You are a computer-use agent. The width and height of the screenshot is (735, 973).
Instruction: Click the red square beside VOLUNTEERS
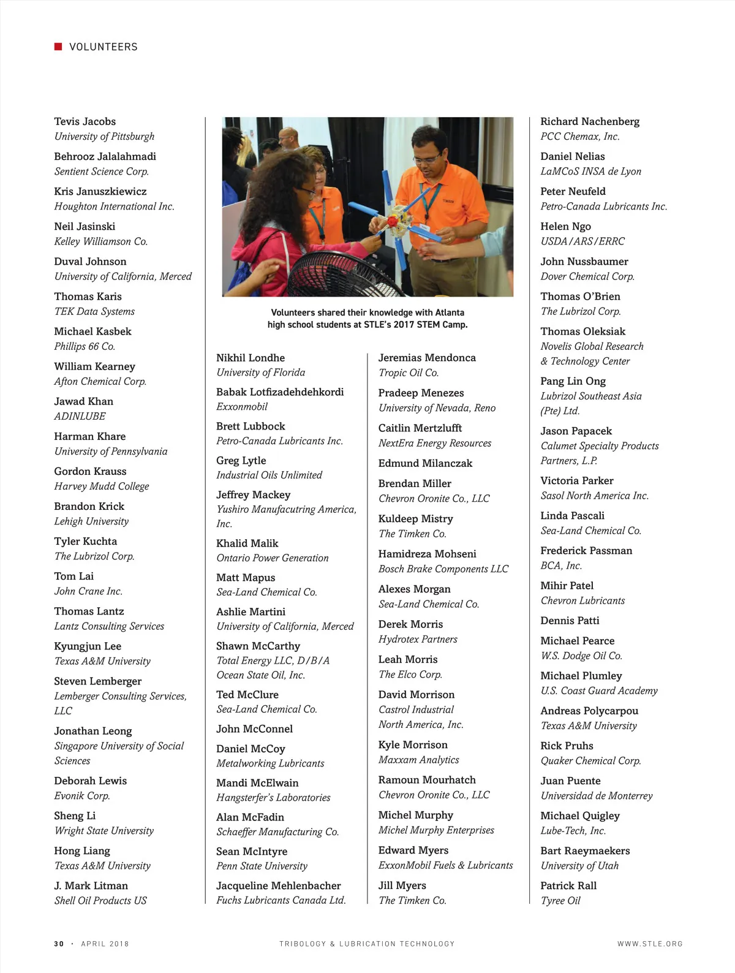[x=58, y=47]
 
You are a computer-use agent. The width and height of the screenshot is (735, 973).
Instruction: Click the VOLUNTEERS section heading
[x=104, y=47]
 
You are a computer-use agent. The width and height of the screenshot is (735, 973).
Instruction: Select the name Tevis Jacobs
[x=85, y=121]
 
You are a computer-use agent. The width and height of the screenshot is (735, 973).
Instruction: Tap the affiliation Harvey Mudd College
[x=102, y=486]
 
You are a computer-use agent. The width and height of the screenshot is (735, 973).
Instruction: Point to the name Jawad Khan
[x=83, y=401]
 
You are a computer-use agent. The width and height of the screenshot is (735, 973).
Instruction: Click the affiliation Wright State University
[x=104, y=831]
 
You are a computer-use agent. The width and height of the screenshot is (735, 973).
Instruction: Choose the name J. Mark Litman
[x=91, y=885]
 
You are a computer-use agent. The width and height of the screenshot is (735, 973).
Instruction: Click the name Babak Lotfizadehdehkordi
[x=280, y=392]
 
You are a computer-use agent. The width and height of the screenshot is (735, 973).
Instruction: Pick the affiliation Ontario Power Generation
[x=273, y=558]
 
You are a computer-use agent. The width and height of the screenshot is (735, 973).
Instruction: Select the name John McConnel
[x=254, y=729]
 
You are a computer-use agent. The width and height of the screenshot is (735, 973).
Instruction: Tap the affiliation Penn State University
[x=262, y=866]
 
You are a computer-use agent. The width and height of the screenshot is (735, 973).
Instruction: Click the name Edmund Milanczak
[x=425, y=464]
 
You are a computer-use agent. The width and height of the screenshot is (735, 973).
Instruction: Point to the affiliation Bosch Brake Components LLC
[x=443, y=569]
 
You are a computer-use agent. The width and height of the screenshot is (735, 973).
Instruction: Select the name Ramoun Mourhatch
[x=427, y=780]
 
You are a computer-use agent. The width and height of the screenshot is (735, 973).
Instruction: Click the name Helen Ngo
[x=565, y=227]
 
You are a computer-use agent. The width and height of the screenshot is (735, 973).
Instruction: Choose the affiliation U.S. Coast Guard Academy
[x=599, y=691]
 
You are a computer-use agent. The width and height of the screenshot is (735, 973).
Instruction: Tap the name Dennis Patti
[x=570, y=621]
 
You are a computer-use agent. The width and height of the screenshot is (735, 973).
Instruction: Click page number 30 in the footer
[x=59, y=944]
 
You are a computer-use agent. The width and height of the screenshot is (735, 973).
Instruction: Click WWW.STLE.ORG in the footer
[x=650, y=944]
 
